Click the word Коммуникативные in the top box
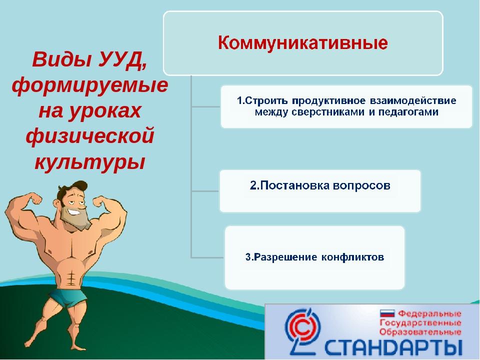coord(303,43)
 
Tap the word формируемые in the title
coord(90,85)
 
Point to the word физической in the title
coord(89,136)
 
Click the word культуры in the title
coord(89,162)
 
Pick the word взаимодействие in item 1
coord(413,100)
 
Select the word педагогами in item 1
coord(408,112)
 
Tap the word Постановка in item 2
coord(289,185)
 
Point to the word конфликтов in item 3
coord(352,257)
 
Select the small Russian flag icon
coord(387,313)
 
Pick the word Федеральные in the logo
coord(430,313)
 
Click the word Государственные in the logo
coord(420,323)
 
